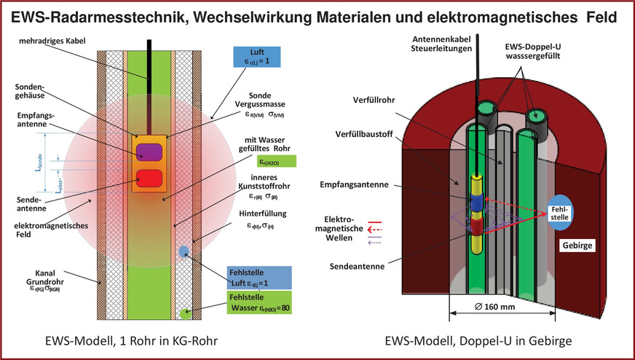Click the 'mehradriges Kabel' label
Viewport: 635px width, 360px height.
(x=78, y=42)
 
